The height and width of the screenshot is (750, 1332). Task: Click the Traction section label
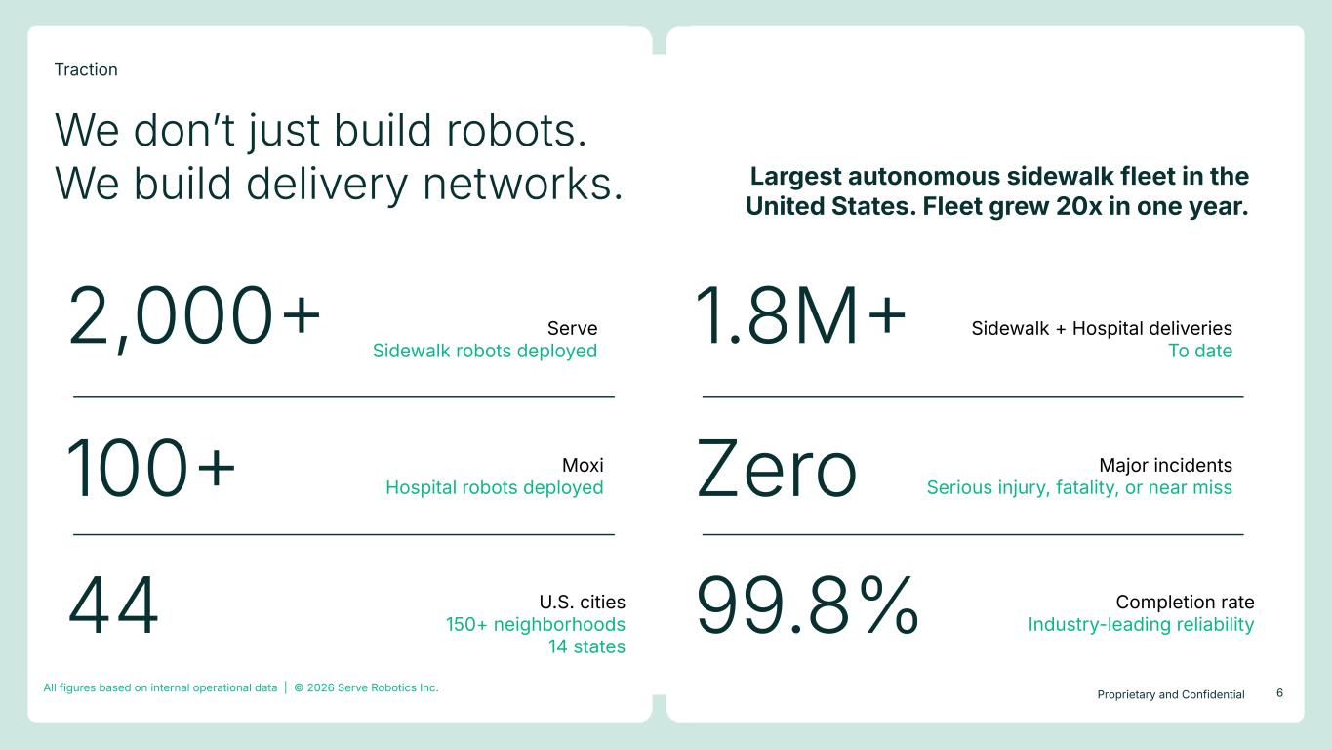(x=86, y=69)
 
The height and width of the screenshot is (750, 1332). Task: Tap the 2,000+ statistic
(x=194, y=316)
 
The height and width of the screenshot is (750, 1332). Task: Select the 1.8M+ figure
(x=800, y=314)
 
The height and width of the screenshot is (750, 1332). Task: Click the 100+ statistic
(x=151, y=468)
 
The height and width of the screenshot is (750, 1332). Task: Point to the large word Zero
(x=776, y=469)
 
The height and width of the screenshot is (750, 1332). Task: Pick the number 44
(x=113, y=605)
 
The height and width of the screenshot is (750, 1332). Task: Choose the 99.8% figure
(x=808, y=605)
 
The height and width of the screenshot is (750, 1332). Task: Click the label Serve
(x=572, y=328)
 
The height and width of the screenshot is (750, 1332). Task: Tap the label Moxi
(x=583, y=465)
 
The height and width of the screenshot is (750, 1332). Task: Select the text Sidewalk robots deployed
(x=485, y=351)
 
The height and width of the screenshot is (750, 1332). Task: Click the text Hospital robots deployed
(x=494, y=487)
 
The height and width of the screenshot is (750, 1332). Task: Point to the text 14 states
(x=586, y=646)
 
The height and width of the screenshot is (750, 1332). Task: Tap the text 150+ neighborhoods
(x=535, y=624)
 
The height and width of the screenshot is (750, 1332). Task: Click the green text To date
(x=1200, y=351)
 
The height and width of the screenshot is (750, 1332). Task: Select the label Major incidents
(x=1165, y=465)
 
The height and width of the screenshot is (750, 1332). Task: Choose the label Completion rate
(x=1185, y=602)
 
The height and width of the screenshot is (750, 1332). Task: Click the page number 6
(x=1279, y=692)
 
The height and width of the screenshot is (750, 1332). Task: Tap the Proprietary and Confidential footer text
(x=1171, y=694)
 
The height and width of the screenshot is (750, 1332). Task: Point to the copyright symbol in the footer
(x=299, y=687)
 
